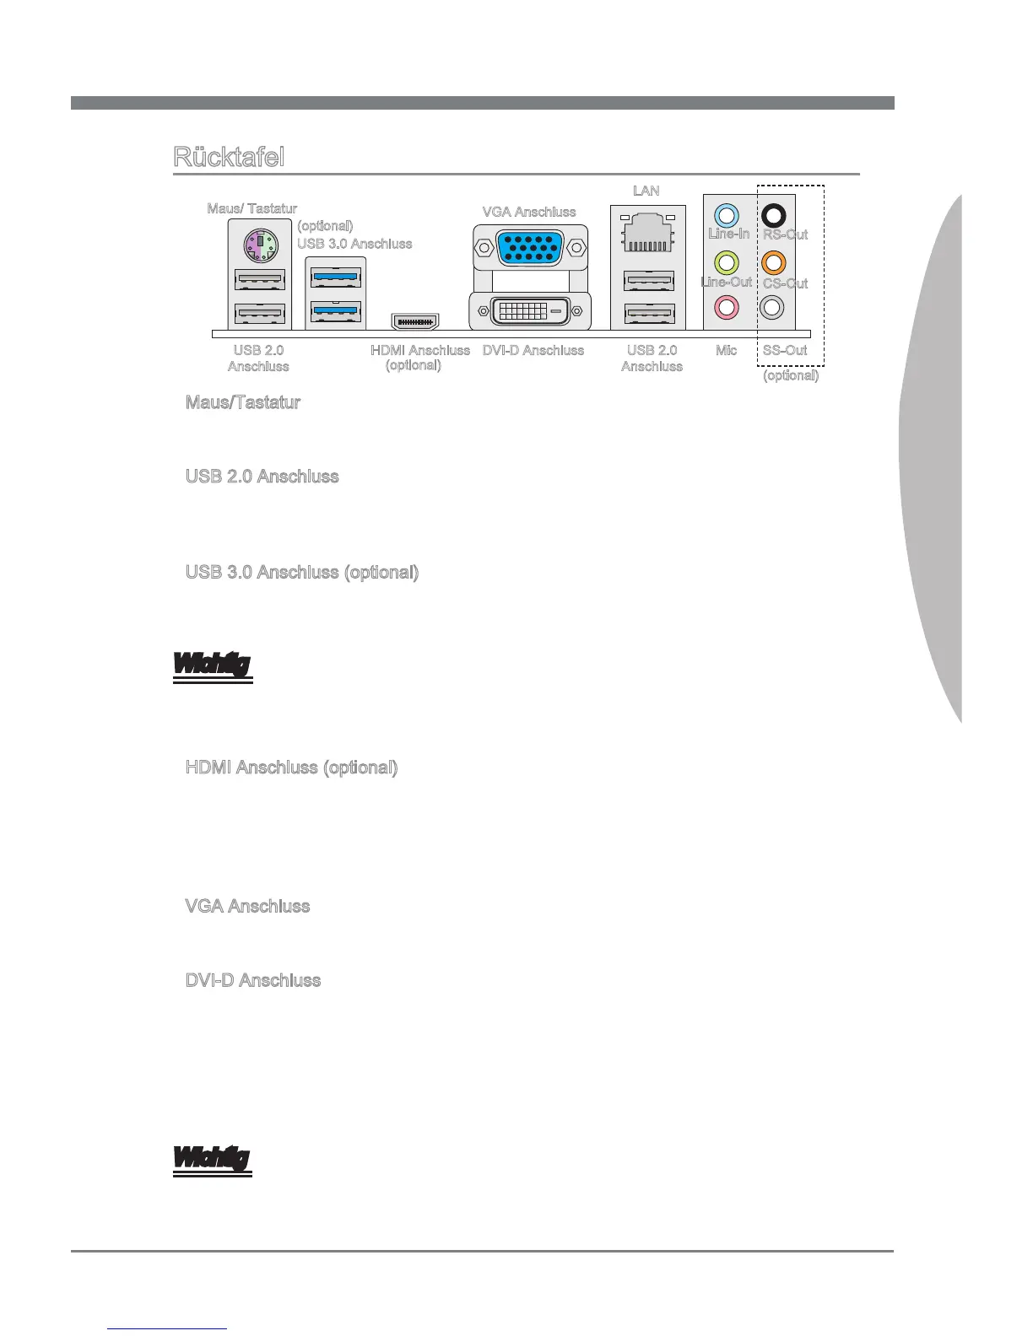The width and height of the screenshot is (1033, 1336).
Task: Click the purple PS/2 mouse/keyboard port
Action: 260,247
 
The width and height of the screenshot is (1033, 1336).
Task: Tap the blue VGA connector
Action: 529,249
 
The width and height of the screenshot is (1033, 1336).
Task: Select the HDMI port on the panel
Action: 414,321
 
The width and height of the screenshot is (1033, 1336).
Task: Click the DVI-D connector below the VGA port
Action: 529,310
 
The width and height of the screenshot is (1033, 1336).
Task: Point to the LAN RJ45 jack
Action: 648,234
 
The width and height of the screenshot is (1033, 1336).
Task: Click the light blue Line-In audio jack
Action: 727,216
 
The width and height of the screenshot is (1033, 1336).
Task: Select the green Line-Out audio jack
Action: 727,262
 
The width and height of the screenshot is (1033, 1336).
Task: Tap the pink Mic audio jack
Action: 727,306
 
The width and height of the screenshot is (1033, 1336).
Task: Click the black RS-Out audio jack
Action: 773,216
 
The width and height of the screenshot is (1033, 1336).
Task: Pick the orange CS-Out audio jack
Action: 773,262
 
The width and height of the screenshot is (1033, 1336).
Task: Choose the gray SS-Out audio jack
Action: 773,306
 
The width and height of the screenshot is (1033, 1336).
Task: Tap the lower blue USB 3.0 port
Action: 336,311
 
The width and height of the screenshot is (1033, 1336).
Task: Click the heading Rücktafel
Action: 229,157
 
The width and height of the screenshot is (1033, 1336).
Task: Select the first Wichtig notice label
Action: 212,665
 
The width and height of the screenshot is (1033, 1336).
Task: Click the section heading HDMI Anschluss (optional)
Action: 291,768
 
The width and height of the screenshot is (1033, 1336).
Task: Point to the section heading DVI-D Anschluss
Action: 253,980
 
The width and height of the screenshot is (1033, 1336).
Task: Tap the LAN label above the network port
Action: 646,191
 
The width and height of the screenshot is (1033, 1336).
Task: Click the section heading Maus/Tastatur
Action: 243,402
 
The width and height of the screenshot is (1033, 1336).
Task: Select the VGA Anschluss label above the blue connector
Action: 529,212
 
